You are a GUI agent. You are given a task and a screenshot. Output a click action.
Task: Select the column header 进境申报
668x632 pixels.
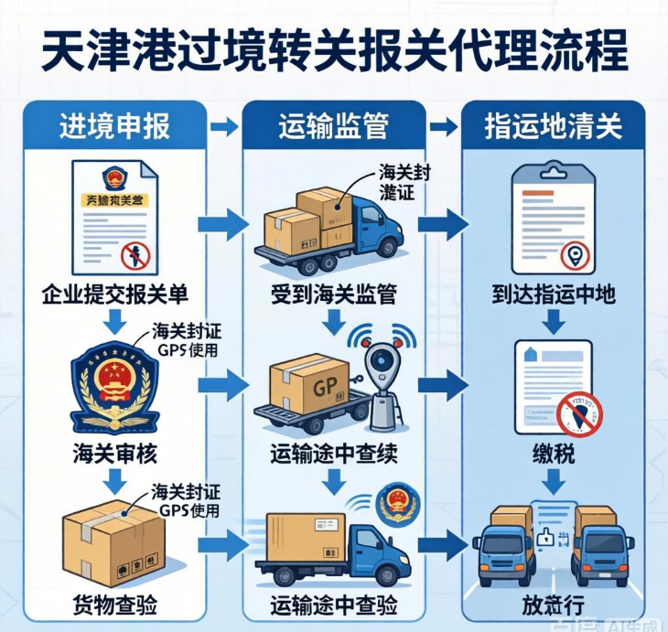[x=115, y=125]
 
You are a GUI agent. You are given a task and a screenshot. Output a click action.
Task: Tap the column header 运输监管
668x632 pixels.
[x=333, y=125]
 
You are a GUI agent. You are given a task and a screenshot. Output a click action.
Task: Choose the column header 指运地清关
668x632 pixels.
[x=553, y=125]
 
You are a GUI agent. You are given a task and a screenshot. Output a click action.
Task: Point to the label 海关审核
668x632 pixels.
[x=115, y=452]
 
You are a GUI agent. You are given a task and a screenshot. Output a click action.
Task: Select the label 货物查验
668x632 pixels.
[x=115, y=605]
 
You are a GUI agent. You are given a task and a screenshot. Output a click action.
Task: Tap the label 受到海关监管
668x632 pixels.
[x=333, y=295]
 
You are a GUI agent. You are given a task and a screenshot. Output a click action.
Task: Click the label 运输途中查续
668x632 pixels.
[x=333, y=452]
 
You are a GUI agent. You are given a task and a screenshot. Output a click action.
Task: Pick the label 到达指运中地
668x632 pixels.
[x=552, y=295]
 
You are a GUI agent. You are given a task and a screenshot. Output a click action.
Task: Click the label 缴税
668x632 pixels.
[x=552, y=452]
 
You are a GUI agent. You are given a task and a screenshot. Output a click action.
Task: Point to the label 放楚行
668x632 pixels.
[x=552, y=605]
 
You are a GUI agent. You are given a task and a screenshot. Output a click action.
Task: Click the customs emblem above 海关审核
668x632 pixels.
[x=115, y=385]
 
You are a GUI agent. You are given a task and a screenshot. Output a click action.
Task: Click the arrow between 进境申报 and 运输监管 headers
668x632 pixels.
[x=223, y=125]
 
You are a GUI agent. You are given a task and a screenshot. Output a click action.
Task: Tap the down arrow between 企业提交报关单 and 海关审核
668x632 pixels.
[x=115, y=321]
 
